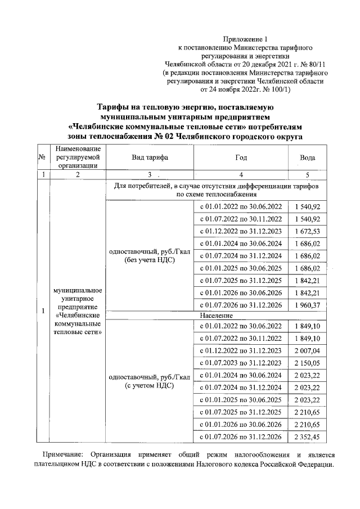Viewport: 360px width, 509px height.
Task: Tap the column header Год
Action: (241, 158)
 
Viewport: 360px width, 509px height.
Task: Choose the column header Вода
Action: (308, 158)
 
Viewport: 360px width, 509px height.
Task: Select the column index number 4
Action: (241, 175)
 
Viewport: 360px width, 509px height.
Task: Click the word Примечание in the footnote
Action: (60, 454)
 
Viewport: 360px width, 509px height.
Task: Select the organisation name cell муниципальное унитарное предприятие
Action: (76, 311)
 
